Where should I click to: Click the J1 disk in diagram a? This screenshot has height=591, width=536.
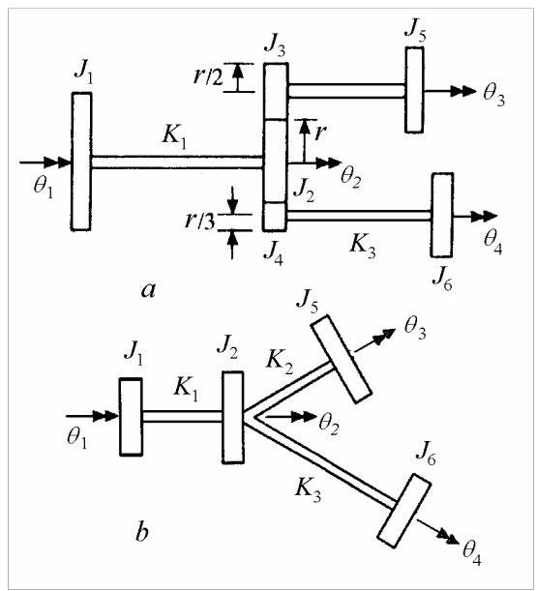(81, 162)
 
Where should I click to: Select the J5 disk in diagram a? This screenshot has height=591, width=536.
(415, 90)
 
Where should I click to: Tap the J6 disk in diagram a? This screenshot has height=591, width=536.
(442, 216)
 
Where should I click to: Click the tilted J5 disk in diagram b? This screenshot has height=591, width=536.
(341, 359)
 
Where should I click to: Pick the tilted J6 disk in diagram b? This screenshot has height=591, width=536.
(404, 511)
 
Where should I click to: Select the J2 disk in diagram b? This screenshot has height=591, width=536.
(232, 417)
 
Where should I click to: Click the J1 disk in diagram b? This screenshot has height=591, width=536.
(131, 417)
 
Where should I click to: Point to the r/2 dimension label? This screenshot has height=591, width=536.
(208, 76)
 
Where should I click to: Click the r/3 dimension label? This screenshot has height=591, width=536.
(200, 221)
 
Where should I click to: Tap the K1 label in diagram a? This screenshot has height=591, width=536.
(174, 136)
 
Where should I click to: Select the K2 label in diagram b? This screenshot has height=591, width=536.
(280, 361)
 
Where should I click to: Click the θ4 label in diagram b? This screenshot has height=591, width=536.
(472, 553)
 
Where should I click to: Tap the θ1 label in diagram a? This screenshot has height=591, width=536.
(44, 187)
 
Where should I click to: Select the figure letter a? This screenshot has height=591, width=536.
(148, 290)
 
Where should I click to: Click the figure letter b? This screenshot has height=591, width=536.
(141, 531)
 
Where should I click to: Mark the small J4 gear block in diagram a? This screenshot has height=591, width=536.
(275, 217)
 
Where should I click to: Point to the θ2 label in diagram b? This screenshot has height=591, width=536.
(329, 425)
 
